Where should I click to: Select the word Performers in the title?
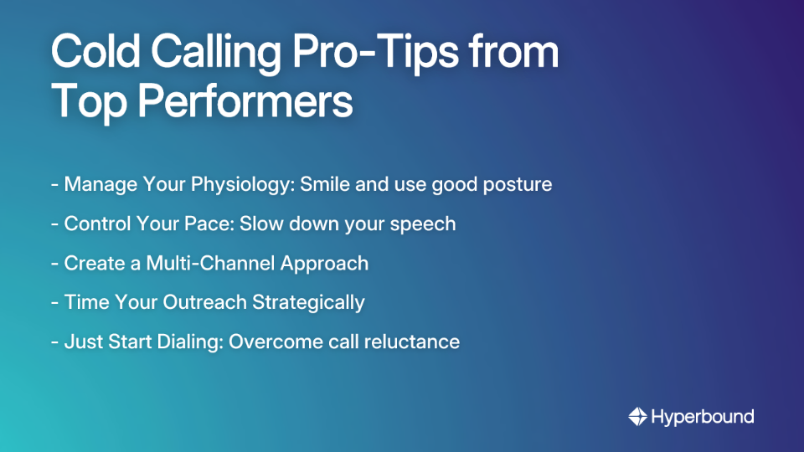(x=245, y=102)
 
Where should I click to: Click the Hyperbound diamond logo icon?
(x=637, y=416)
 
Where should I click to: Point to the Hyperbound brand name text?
(x=703, y=416)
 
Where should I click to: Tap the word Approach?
(x=324, y=264)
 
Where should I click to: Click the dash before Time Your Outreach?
(x=54, y=302)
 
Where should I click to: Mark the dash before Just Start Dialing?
(x=54, y=342)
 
